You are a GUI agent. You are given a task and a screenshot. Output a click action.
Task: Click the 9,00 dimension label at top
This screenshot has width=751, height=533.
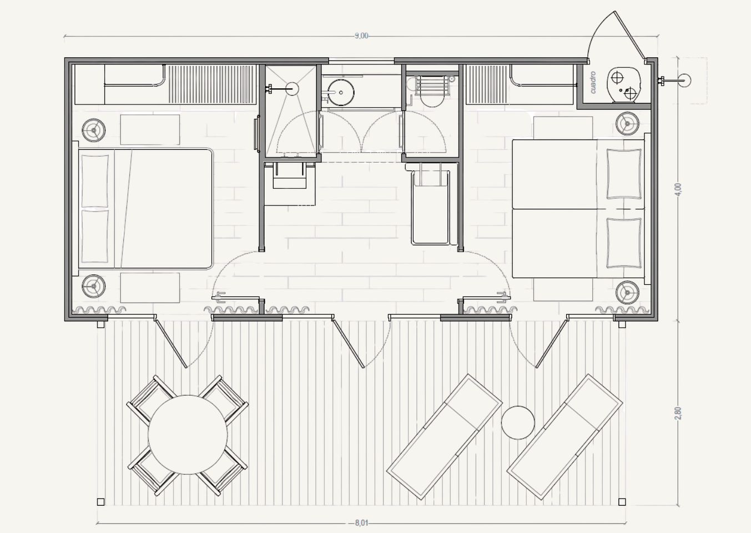pyautogui.click(x=361, y=36)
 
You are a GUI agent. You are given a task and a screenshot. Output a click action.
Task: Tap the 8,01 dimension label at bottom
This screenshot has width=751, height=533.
pyautogui.click(x=361, y=523)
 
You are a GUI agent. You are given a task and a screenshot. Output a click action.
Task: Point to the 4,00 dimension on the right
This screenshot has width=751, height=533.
pyautogui.click(x=679, y=189)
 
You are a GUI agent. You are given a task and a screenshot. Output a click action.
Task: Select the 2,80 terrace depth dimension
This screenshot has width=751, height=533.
pyautogui.click(x=679, y=413)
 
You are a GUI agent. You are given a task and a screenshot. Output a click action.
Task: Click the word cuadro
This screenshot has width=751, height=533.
pyautogui.click(x=593, y=82)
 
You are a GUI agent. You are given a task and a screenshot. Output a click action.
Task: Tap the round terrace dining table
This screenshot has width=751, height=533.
pyautogui.click(x=188, y=435)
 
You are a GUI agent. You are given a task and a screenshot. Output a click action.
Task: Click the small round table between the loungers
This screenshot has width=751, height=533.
pyautogui.click(x=518, y=423)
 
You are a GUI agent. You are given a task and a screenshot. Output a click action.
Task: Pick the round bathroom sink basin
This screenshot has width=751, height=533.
pyautogui.click(x=341, y=92)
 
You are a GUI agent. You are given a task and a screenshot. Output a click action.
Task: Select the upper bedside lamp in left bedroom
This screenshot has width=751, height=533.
pyautogui.click(x=94, y=130)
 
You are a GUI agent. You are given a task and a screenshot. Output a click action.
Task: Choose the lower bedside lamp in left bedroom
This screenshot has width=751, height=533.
pyautogui.click(x=94, y=286)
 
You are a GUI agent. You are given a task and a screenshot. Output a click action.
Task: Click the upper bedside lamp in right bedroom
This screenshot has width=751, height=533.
pyautogui.click(x=628, y=124)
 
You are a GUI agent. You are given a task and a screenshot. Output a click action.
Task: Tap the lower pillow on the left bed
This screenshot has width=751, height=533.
pyautogui.click(x=95, y=237)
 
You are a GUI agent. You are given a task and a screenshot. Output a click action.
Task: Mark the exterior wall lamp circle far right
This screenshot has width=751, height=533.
pyautogui.click(x=684, y=80)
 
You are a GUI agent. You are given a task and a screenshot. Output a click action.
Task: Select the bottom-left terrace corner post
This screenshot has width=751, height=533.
pyautogui.click(x=100, y=502)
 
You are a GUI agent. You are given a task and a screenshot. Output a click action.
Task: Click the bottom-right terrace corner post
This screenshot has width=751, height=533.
pyautogui.click(x=622, y=502)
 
